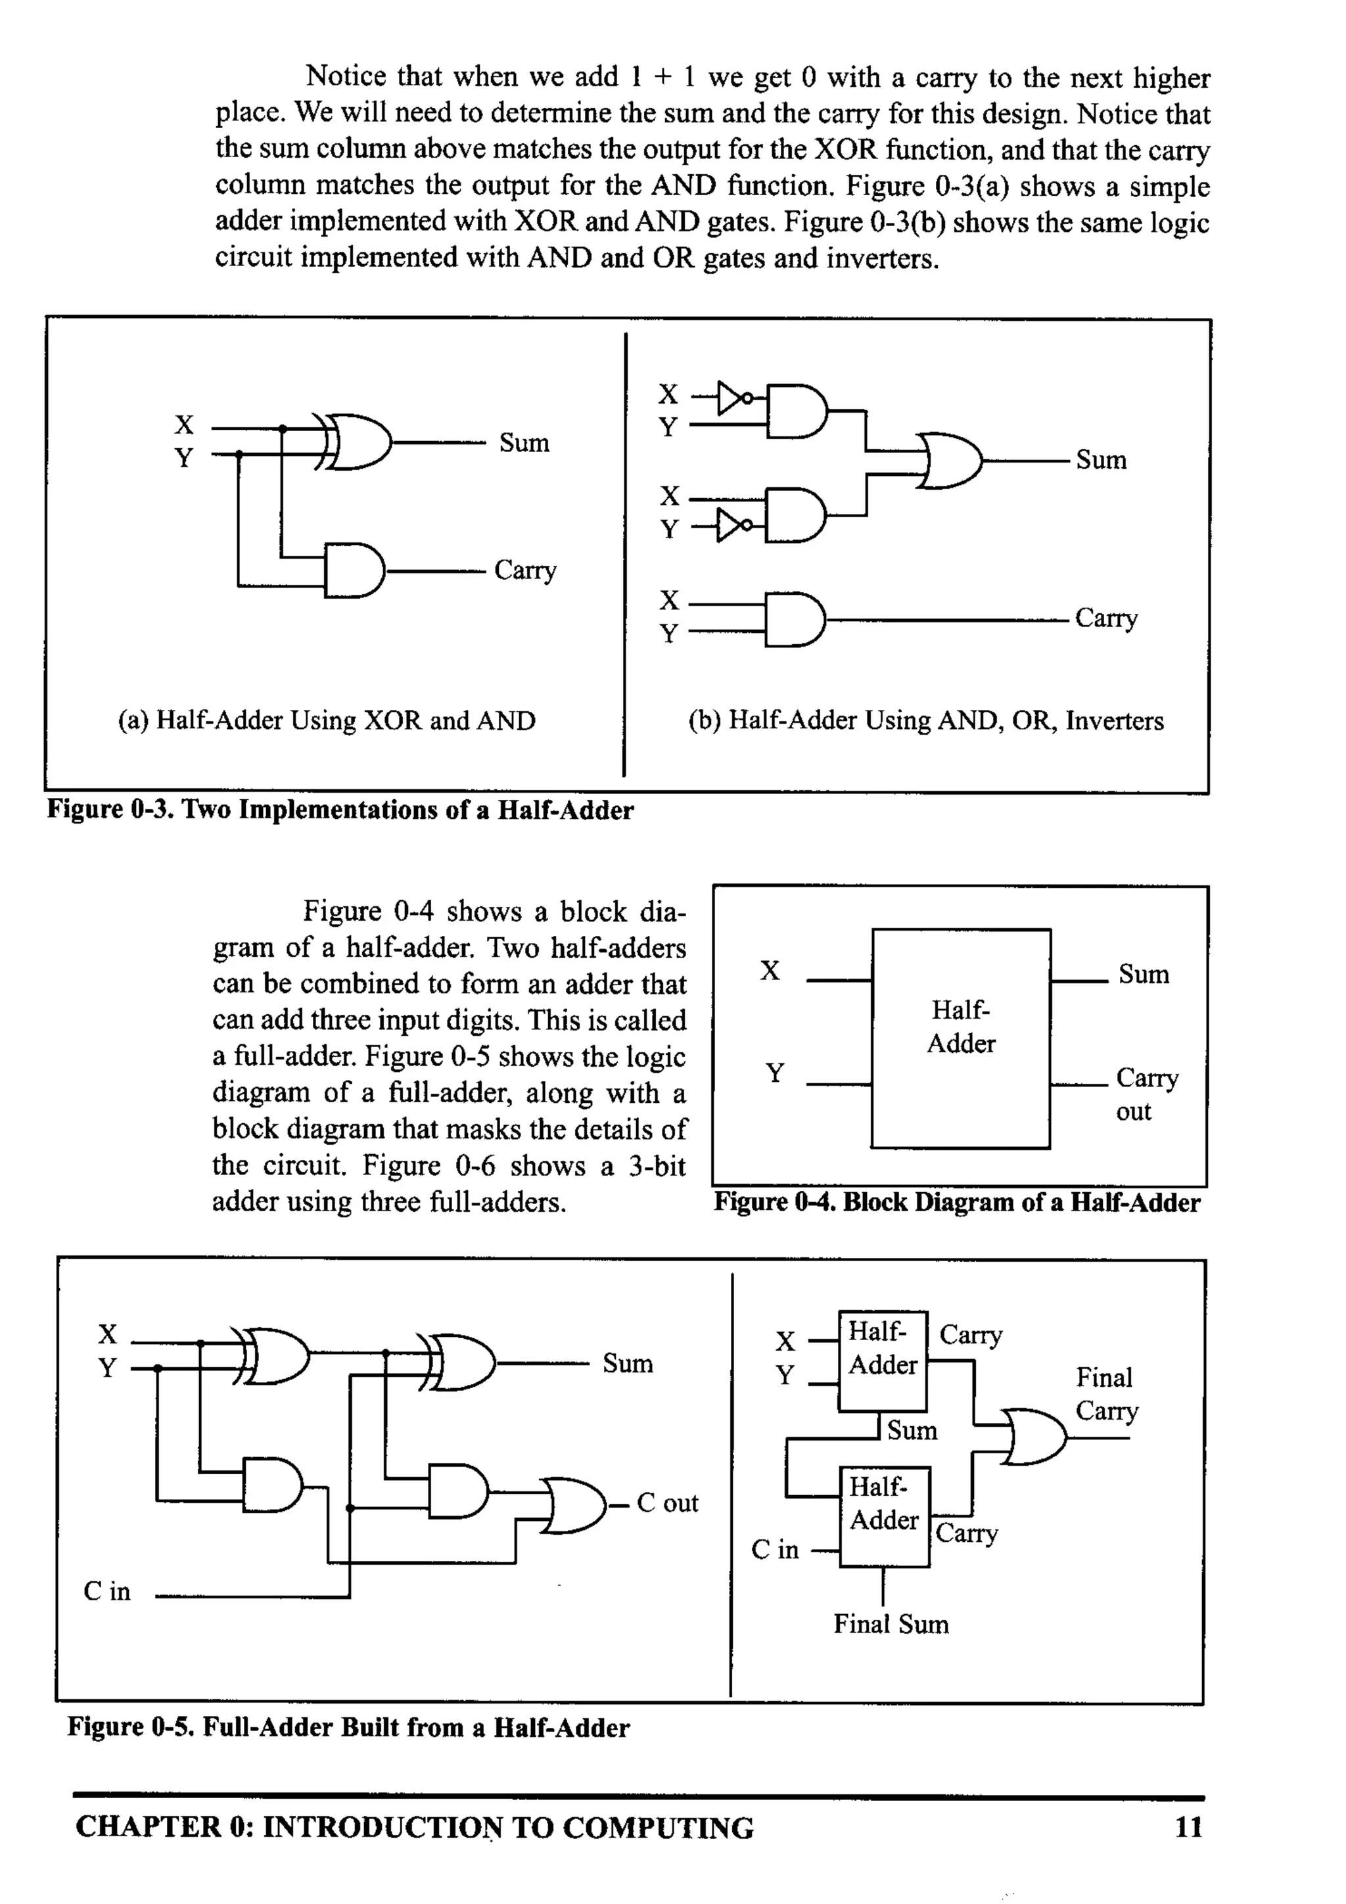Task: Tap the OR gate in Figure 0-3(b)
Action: coord(950,460)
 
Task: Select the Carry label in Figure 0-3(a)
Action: coord(525,570)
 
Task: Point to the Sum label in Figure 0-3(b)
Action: coord(1100,460)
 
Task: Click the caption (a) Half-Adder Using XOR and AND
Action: coord(327,720)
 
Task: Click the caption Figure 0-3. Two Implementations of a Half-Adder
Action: coord(340,810)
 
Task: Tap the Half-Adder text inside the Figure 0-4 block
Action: coord(960,1027)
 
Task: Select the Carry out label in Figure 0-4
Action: coord(1146,1094)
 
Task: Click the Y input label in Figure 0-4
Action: coord(775,1074)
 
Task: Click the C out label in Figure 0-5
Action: coord(667,1502)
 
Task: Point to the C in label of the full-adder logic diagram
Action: coord(107,1591)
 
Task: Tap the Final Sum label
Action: coord(891,1625)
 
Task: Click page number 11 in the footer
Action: coord(1188,1827)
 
